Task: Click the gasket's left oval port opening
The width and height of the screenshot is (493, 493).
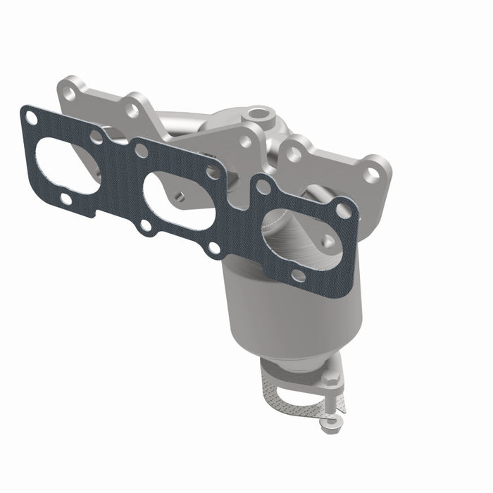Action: (x=67, y=166)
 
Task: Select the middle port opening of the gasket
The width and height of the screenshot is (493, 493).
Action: (x=179, y=201)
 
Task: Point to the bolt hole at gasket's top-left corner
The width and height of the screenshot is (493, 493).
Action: (x=32, y=119)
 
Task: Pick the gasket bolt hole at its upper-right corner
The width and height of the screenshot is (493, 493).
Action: (x=342, y=210)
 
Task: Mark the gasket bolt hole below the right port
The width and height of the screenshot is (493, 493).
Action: (x=298, y=275)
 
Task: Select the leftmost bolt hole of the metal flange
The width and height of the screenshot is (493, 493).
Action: (x=68, y=92)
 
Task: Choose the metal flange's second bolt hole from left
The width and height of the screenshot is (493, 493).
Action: (x=132, y=109)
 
